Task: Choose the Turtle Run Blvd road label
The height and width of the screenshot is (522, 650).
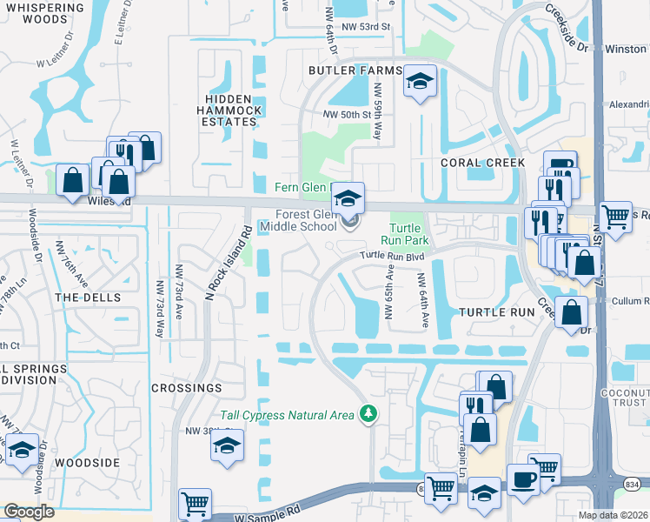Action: [397, 256]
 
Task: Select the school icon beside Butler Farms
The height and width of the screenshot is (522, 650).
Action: [420, 83]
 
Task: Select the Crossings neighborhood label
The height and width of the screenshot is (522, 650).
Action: [186, 387]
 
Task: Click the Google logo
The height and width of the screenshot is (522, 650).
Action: [29, 512]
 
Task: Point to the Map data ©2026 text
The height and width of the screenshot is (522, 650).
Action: [614, 515]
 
